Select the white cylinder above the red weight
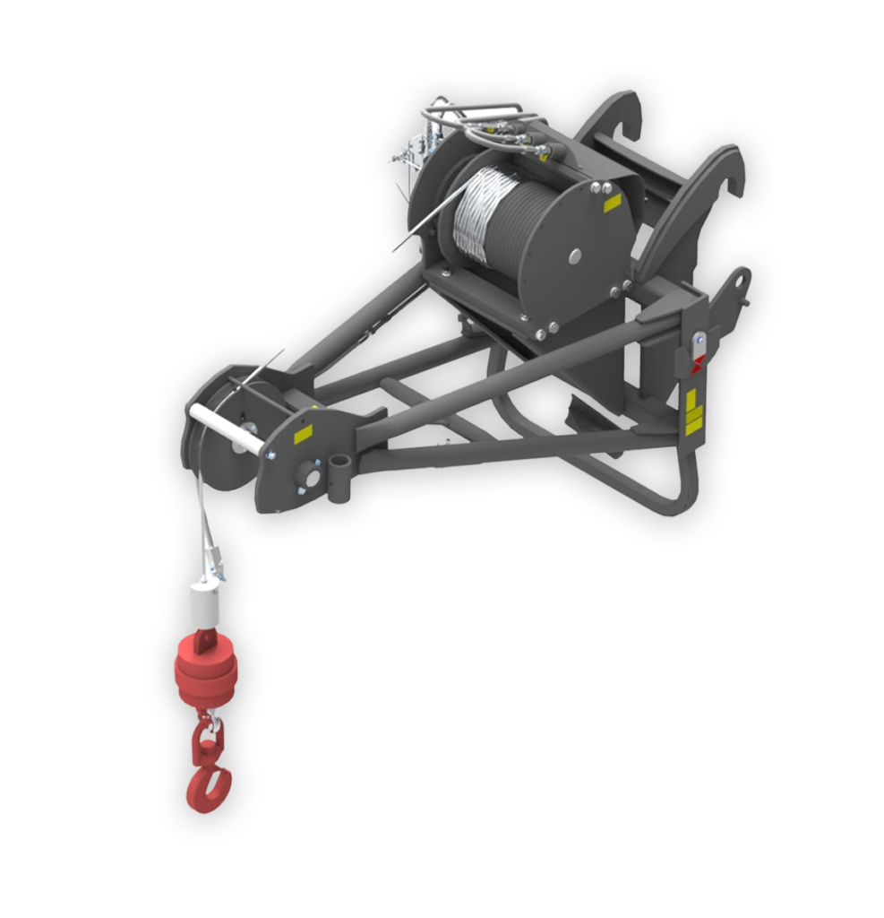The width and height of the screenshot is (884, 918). click(x=204, y=606)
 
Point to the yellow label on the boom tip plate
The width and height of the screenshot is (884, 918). click(x=303, y=434)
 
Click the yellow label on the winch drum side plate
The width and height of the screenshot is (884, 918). click(x=613, y=204)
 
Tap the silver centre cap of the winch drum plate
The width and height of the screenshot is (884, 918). click(x=574, y=256)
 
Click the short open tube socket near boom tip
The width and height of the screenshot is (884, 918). click(x=339, y=479)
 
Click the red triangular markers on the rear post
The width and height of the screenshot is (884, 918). click(x=697, y=363)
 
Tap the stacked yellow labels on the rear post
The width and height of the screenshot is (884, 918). click(x=693, y=411)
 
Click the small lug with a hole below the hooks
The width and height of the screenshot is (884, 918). click(x=738, y=284)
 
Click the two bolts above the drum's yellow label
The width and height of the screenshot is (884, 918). click(x=601, y=188)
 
